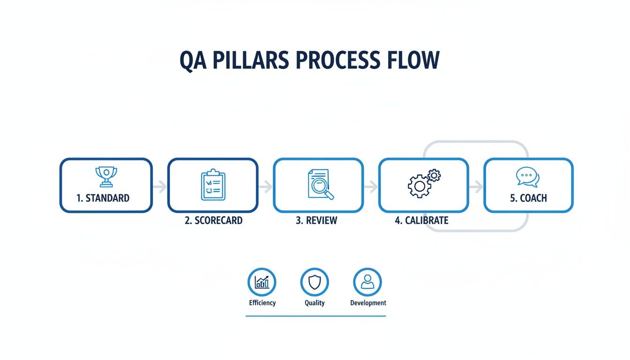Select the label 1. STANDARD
click(103, 198)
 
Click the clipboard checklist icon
click(213, 185)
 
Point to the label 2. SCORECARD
click(214, 220)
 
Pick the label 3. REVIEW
click(316, 220)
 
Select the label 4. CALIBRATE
click(422, 220)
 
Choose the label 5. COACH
click(528, 198)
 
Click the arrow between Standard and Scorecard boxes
click(160, 187)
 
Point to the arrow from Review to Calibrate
click(371, 187)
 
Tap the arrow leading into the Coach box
click(476, 187)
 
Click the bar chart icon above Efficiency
click(262, 282)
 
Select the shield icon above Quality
click(315, 282)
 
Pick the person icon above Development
click(367, 282)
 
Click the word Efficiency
click(262, 303)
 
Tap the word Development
click(368, 303)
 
